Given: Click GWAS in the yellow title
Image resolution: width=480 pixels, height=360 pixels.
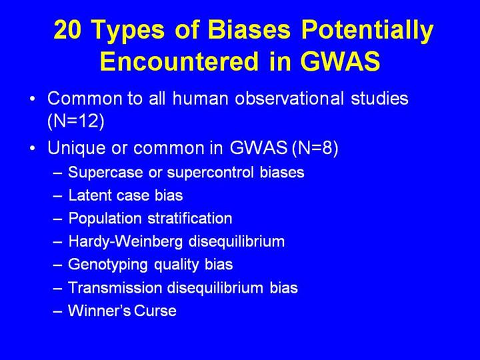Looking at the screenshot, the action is (340, 61).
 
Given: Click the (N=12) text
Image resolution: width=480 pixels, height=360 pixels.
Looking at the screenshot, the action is (76, 121).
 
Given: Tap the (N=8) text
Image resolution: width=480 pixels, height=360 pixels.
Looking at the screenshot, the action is (315, 148).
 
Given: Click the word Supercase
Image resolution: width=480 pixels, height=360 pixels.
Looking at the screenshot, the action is (105, 173).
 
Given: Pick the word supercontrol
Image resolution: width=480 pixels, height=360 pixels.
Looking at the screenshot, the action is (210, 172).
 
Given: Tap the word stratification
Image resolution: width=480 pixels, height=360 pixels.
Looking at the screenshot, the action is (190, 218).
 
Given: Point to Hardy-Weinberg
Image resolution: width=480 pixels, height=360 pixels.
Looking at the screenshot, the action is (125, 242).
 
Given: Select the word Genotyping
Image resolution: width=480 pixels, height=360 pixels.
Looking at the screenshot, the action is (108, 265).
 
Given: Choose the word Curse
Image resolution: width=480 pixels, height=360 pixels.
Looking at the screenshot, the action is (155, 311).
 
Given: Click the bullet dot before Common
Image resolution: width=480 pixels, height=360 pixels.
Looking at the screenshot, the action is (33, 99).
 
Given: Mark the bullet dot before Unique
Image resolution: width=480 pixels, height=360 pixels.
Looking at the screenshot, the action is (33, 149).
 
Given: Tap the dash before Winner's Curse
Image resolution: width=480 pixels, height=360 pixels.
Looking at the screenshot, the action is (57, 311).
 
